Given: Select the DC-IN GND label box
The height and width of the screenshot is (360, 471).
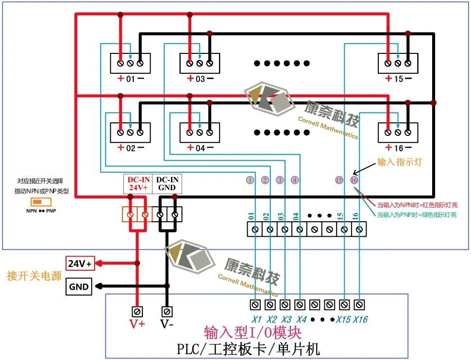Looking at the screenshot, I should [x=166, y=183].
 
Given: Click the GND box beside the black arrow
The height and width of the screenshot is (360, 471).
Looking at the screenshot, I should [x=79, y=287].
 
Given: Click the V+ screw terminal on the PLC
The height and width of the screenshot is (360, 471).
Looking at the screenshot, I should [x=137, y=311].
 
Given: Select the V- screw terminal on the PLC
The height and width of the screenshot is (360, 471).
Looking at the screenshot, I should [x=167, y=311].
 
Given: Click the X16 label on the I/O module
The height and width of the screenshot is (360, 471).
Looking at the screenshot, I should [x=360, y=320].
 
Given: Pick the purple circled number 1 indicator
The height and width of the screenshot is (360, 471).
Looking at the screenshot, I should [x=250, y=180].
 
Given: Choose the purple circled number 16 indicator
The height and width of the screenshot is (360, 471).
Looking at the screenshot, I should [x=354, y=180].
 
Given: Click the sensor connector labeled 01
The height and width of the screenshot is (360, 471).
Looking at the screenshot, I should [x=130, y=63].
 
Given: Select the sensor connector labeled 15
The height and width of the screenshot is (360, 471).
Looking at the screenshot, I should [x=398, y=63].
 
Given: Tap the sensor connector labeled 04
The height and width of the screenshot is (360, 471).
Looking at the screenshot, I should [x=200, y=132].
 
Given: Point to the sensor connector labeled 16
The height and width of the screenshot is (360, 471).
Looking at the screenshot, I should [x=398, y=132].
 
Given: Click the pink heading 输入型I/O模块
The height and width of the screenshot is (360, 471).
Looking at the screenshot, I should [x=253, y=333].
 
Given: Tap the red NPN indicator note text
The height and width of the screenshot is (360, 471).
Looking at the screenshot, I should [x=417, y=205].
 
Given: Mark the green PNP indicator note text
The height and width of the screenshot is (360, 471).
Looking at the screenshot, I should [x=417, y=215].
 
